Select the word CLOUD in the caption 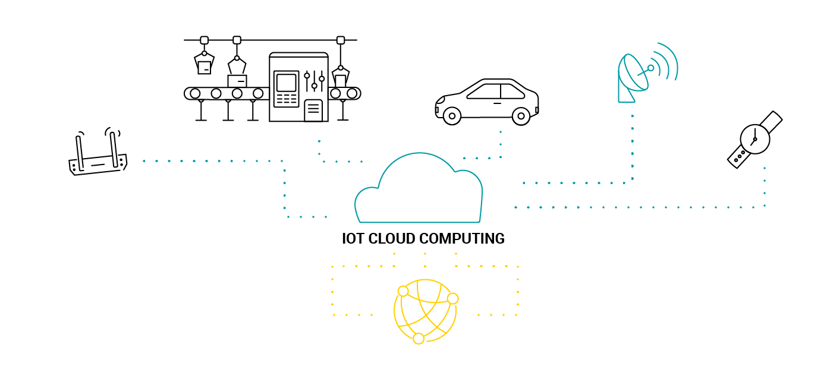pyautogui.click(x=391, y=239)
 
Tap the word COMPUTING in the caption pyautogui.click(x=462, y=239)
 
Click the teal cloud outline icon pyautogui.click(x=419, y=190)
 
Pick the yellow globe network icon pyautogui.click(x=425, y=311)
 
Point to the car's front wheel pyautogui.click(x=521, y=116)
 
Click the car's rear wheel pyautogui.click(x=452, y=116)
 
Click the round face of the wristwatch pyautogui.click(x=754, y=140)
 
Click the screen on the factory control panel pyautogui.click(x=287, y=82)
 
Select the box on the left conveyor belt pyautogui.click(x=237, y=81)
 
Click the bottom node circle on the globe pyautogui.click(x=419, y=338)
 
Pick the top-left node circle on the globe pyautogui.click(x=403, y=291)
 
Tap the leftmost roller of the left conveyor pyautogui.click(x=195, y=93)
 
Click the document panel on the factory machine pyautogui.click(x=313, y=111)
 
